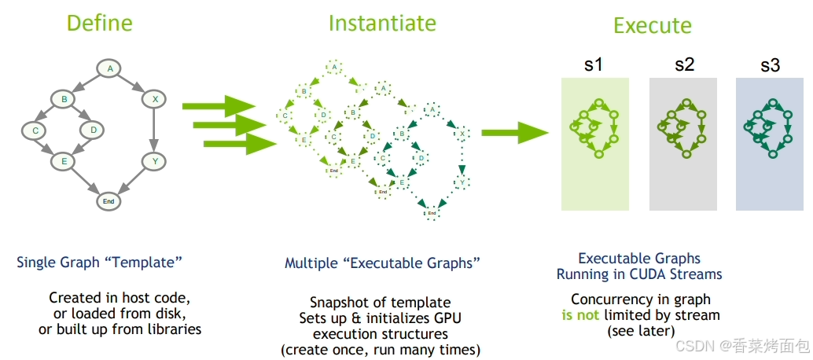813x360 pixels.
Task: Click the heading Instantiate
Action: click(382, 23)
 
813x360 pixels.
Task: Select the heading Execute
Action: click(653, 25)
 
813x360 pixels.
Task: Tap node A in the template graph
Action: click(110, 68)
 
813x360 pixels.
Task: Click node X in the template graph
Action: click(155, 99)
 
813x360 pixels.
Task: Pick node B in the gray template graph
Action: click(63, 99)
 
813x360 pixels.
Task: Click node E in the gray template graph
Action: click(63, 161)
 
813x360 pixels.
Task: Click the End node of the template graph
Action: click(109, 201)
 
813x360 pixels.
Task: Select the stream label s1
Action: click(594, 65)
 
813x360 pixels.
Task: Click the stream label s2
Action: click(684, 65)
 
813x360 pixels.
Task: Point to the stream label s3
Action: click(770, 65)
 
